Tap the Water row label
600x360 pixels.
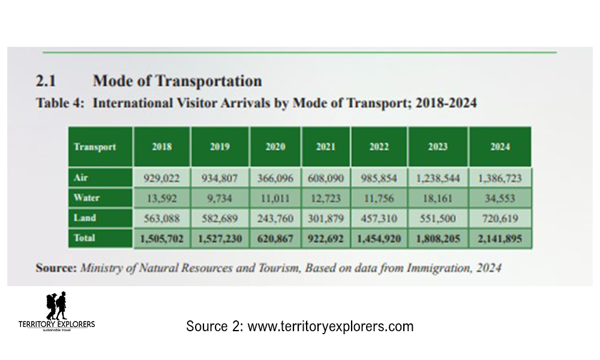86,197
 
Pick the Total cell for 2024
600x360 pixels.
500,238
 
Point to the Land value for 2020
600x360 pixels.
275,218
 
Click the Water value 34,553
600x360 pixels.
500,197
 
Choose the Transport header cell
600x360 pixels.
95,147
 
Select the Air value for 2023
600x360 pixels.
437,178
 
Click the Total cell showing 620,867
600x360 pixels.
275,238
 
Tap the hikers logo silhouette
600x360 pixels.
56,306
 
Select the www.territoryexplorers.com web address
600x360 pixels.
330,327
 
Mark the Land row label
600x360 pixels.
85,218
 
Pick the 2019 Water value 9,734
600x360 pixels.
220,197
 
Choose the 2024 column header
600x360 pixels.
500,147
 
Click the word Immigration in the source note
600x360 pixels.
427,268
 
